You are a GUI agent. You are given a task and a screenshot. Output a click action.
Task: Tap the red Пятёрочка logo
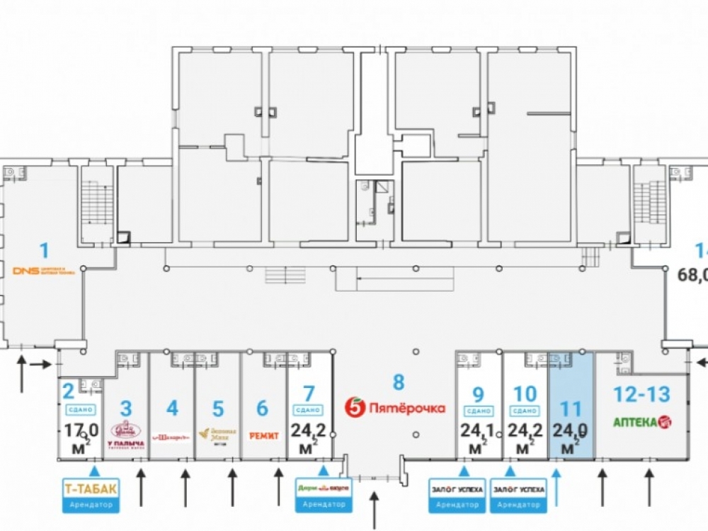pos(395,408)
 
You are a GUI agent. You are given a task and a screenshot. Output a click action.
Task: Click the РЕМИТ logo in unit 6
pos(263,436)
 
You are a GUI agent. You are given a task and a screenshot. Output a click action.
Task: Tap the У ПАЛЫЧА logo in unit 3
pos(126,433)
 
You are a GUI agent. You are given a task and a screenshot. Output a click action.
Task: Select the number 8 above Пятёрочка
pos(399,383)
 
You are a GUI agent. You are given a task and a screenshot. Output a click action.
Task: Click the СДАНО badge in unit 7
pos(307,410)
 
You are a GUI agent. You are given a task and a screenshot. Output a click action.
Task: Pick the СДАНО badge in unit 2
pos(79,409)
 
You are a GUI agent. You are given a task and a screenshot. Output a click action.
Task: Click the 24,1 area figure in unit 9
pos(476,431)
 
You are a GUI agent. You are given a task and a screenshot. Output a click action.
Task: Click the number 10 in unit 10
pos(525,392)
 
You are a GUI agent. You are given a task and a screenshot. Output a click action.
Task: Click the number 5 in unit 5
pos(218,409)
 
